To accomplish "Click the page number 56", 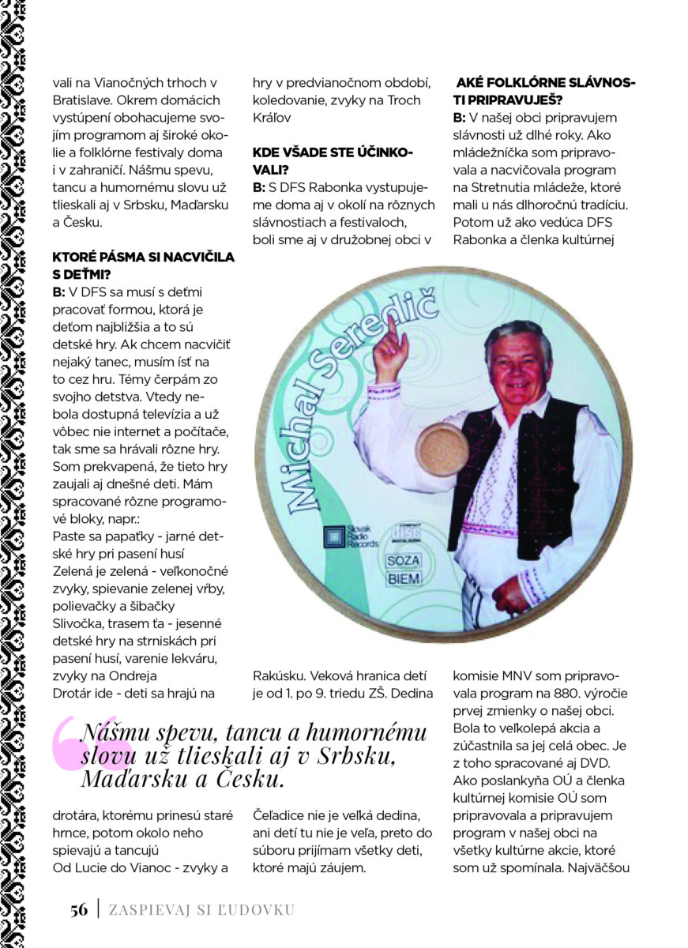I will click(78, 909).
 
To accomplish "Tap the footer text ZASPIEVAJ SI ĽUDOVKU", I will click(201, 909).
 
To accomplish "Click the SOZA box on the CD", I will click(404, 560).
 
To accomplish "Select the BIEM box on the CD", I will click(404, 579).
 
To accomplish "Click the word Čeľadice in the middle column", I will click(280, 816).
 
